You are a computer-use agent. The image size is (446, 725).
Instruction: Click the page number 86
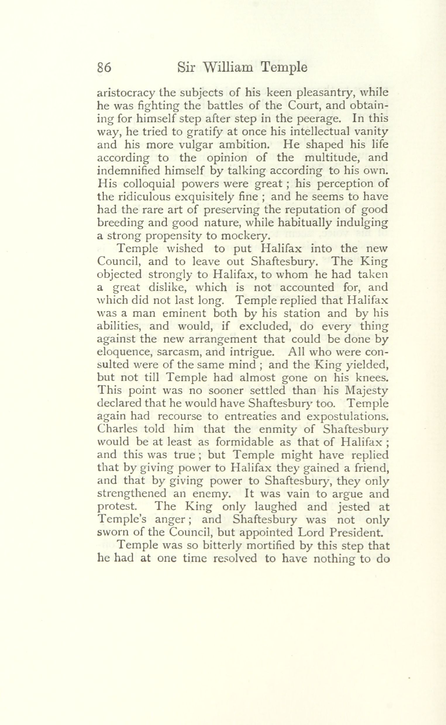(104, 68)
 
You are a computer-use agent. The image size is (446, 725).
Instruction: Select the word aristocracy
(126, 94)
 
